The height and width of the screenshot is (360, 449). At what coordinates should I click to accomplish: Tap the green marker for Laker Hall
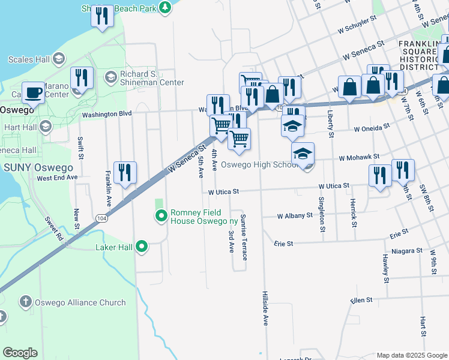(142, 246)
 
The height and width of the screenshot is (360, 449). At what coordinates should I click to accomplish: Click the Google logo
(20, 353)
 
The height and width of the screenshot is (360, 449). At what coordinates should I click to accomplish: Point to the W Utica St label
(223, 192)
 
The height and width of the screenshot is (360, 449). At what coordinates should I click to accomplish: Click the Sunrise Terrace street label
(244, 237)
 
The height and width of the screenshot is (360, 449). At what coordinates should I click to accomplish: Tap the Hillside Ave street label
(265, 308)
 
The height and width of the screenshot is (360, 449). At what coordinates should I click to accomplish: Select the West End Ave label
(57, 178)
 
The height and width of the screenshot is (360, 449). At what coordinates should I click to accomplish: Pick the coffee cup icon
(34, 93)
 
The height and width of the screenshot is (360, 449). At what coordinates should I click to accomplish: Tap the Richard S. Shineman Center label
(152, 78)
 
